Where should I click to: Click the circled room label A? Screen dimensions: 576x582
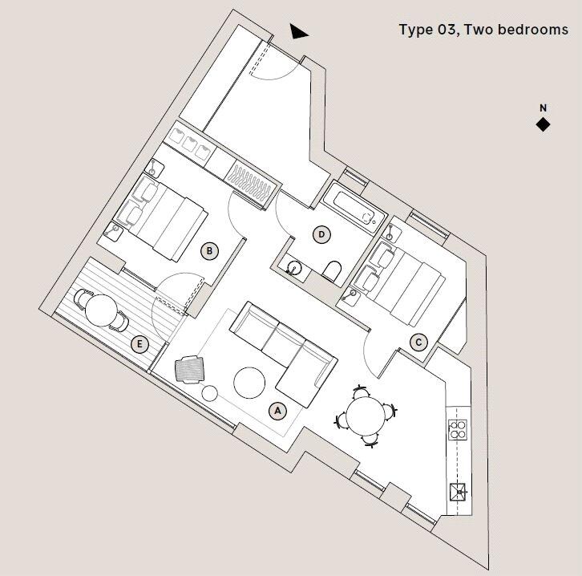coord(278,411)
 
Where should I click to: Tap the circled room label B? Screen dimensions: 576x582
coord(209,250)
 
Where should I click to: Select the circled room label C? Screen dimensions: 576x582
coord(418,343)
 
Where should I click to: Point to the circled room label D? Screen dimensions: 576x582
coord(321,235)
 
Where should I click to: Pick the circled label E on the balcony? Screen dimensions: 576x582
coord(140,345)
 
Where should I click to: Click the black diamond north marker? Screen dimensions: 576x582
coord(543,124)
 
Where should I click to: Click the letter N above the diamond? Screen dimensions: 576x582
coord(543,108)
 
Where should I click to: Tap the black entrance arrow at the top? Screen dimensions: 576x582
coord(299,31)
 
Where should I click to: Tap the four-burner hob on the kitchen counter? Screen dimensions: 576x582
coord(458,430)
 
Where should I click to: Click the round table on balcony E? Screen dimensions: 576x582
coord(101,309)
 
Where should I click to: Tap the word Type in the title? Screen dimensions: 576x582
coord(417,30)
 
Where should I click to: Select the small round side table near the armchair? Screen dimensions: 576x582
coord(210,393)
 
